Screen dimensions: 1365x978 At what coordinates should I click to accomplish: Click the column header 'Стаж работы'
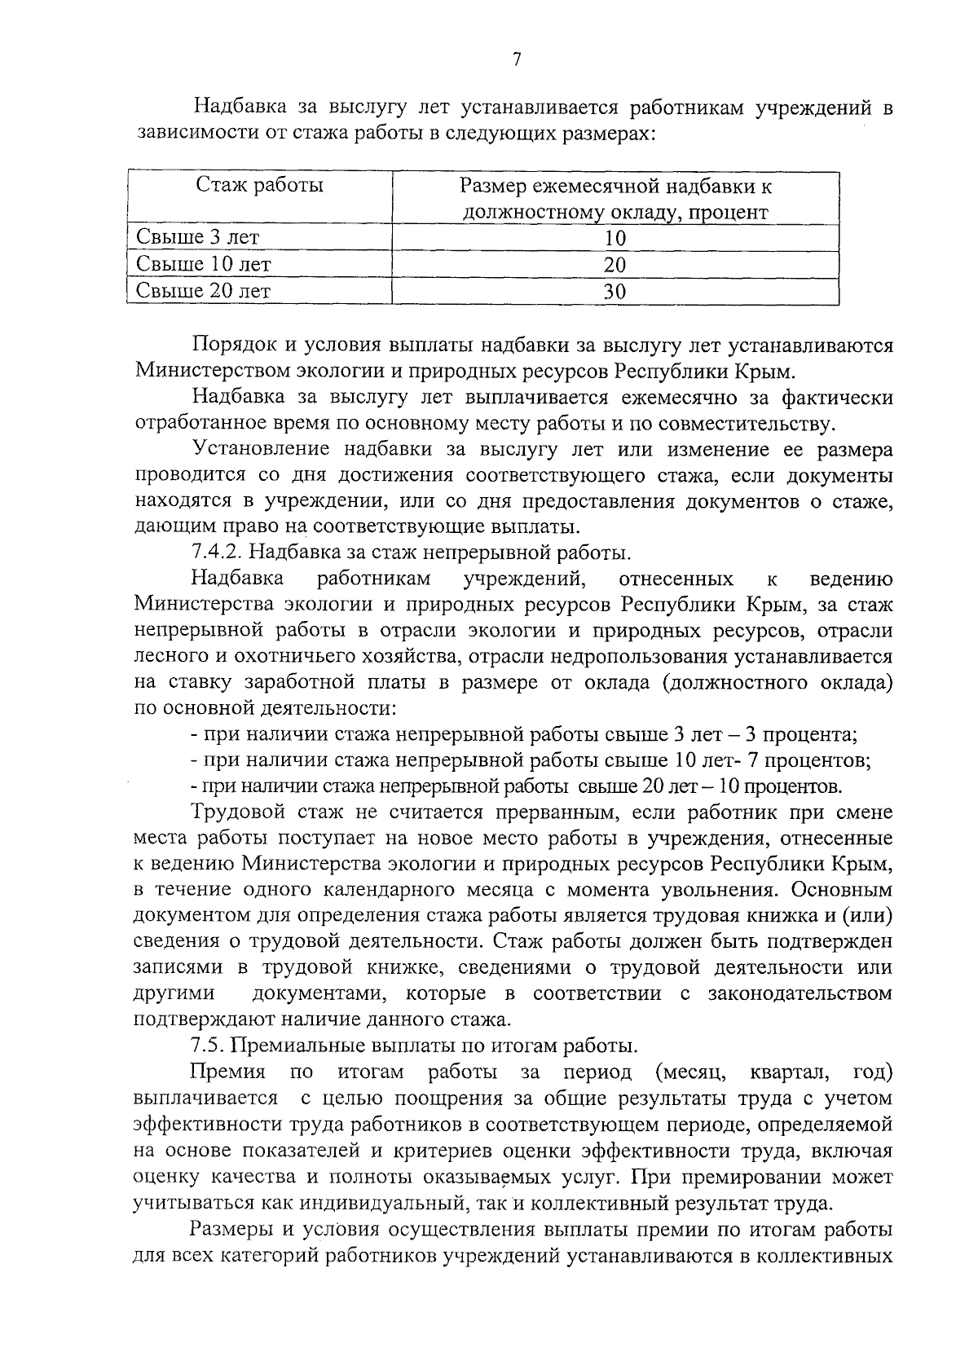(x=259, y=186)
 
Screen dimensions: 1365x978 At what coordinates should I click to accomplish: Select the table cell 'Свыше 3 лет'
(x=197, y=238)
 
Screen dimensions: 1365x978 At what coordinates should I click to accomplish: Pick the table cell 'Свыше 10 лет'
(x=203, y=264)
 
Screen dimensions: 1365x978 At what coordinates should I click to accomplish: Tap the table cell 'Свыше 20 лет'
(x=203, y=291)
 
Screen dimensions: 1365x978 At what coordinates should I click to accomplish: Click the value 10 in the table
(x=615, y=238)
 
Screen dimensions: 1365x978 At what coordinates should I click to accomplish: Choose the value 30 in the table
(x=615, y=292)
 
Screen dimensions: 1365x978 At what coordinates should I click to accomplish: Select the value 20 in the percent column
(x=615, y=265)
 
